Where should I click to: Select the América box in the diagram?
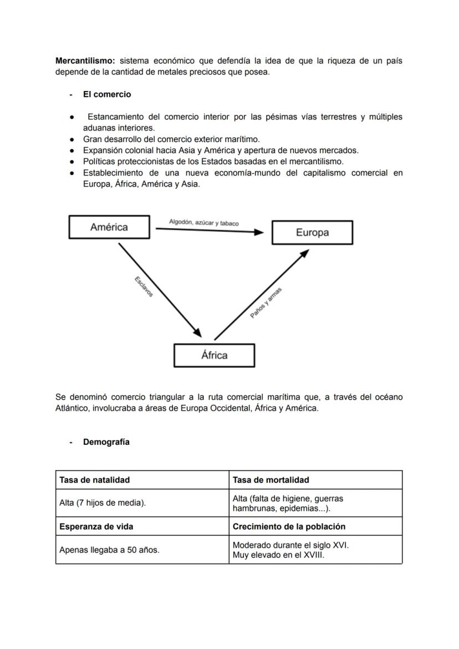(109, 227)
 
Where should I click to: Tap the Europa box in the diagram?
(312, 233)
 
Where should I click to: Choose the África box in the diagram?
(214, 355)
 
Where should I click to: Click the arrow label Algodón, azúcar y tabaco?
(204, 223)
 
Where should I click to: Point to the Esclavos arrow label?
(144, 287)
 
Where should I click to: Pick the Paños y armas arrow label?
(266, 303)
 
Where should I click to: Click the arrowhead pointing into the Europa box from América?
(258, 232)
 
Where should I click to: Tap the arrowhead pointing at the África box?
(197, 331)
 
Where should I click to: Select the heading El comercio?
(107, 94)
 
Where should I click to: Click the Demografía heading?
(106, 442)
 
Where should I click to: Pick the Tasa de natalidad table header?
(94, 480)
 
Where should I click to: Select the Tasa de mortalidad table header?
(271, 480)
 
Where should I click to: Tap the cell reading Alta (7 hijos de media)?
(103, 503)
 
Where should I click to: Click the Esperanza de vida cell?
(96, 526)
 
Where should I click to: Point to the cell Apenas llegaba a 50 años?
(109, 550)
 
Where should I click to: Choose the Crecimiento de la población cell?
(289, 526)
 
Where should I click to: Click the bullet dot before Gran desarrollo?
(72, 139)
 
